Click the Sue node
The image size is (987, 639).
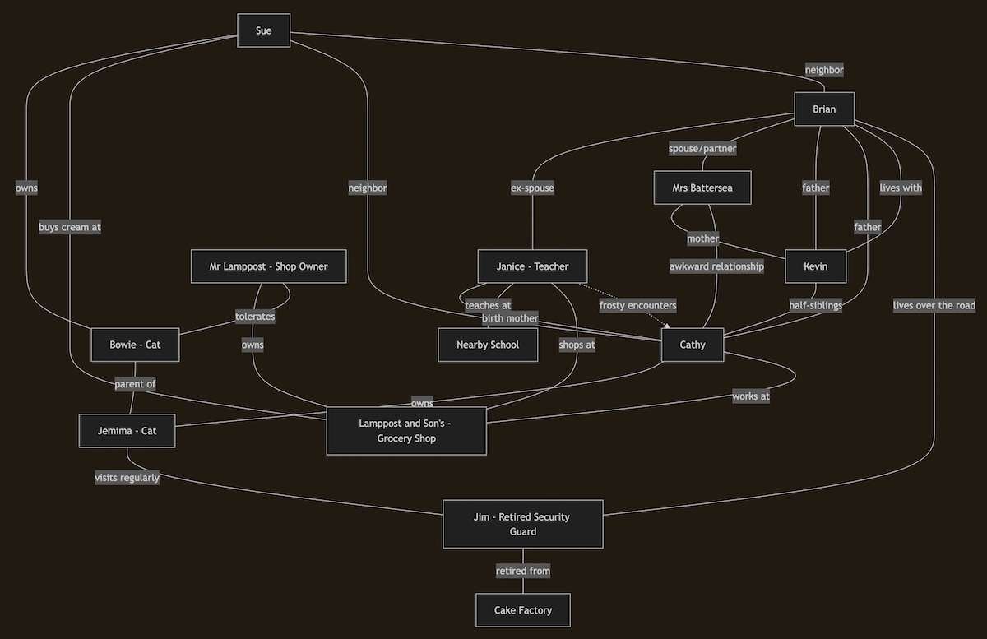click(x=263, y=30)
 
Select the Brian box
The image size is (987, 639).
click(x=823, y=109)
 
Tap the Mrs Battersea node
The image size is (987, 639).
click(x=702, y=188)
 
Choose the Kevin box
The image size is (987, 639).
click(x=815, y=266)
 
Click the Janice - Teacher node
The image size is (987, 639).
click(x=532, y=266)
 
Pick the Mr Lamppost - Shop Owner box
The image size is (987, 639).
click(x=268, y=266)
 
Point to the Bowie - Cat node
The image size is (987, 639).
click(x=135, y=345)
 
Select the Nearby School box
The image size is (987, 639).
click(x=488, y=345)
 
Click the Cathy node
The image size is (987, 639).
click(x=693, y=345)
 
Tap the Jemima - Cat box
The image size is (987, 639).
click(x=127, y=431)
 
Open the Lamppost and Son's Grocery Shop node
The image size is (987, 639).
click(x=406, y=431)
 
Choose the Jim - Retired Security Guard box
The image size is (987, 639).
click(x=523, y=524)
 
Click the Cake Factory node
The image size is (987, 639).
click(x=523, y=610)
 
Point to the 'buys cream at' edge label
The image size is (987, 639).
click(x=70, y=227)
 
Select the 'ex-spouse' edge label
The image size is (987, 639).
click(x=532, y=188)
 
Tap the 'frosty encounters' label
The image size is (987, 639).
click(x=637, y=305)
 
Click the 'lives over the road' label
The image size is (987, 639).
click(x=934, y=305)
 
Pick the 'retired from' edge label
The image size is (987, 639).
click(x=523, y=571)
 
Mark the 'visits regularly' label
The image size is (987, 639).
click(x=127, y=478)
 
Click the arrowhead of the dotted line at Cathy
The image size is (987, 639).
click(x=666, y=326)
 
